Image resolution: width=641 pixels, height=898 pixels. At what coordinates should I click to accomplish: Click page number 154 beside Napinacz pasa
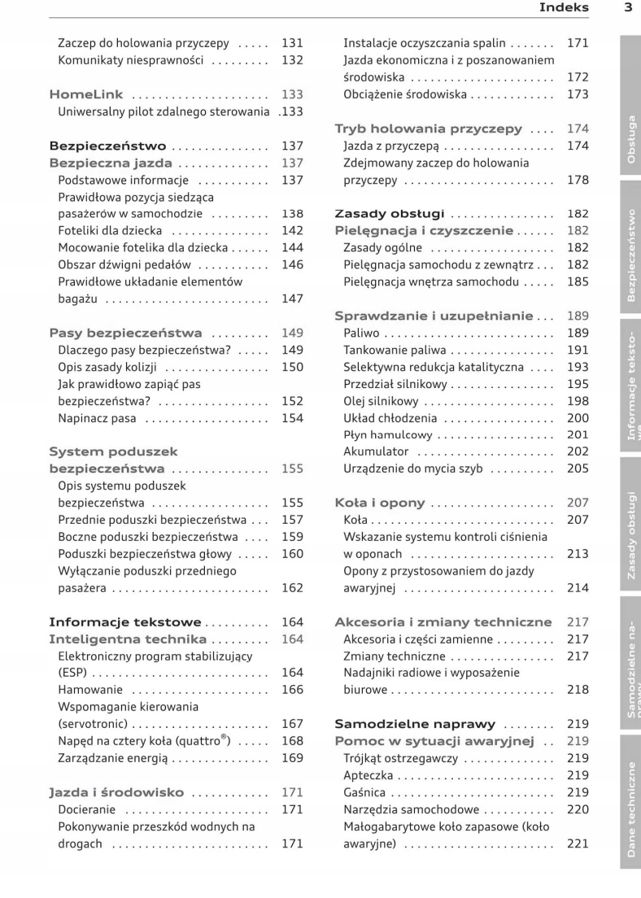point(292,418)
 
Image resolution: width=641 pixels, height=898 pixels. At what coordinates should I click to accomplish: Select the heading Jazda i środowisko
point(116,792)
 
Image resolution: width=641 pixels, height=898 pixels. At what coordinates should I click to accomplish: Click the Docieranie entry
point(87,809)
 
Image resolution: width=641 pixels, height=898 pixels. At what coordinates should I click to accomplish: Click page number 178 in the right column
point(577,181)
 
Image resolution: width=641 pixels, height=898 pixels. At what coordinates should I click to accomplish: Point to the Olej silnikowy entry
point(381,401)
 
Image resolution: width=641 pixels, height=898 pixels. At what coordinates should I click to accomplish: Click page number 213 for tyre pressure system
point(577,554)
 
